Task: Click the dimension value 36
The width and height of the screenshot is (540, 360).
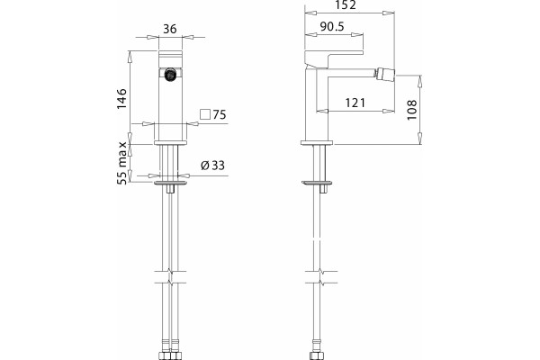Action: (170, 29)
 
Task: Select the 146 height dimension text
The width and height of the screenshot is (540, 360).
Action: (121, 98)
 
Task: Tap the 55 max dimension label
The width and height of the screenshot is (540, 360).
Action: (121, 163)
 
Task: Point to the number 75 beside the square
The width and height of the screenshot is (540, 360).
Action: (220, 114)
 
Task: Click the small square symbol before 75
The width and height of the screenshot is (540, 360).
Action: (205, 114)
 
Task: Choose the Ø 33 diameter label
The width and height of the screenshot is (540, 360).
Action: (212, 166)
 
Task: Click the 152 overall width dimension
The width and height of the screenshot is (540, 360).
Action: (346, 4)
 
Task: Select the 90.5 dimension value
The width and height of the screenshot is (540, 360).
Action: (332, 26)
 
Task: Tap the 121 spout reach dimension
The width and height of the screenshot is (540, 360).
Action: (355, 103)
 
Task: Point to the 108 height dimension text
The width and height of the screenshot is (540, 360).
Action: (412, 110)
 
